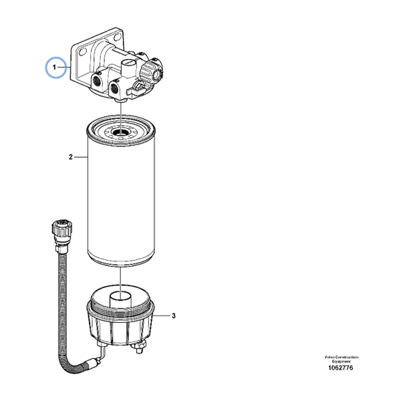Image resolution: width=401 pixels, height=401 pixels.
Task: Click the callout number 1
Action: coord(54,68)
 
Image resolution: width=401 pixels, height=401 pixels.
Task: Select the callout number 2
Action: coord(71,157)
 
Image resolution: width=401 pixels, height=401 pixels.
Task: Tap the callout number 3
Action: coord(174,316)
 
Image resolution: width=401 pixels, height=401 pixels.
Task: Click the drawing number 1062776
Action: coord(340,368)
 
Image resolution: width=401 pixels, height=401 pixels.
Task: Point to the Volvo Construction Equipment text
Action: coord(341,359)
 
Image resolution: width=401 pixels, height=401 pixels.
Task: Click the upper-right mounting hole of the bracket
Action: coord(117,37)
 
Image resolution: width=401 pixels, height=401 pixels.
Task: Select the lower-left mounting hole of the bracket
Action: coord(82,53)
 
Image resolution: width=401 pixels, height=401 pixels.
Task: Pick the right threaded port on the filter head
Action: coord(114,88)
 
